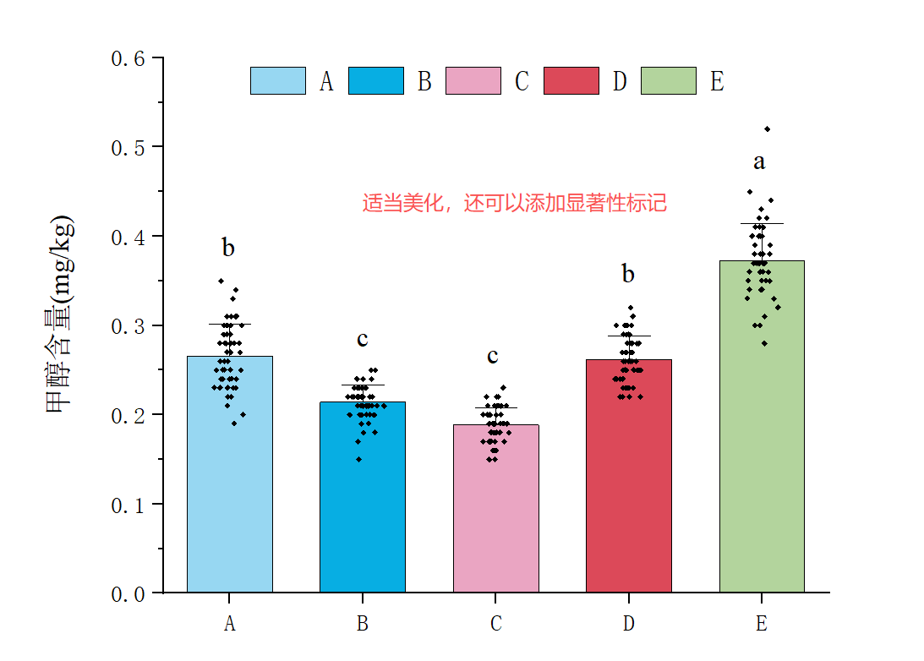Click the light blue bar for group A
click(230, 490)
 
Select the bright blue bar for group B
click(363, 507)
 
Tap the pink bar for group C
click(495, 516)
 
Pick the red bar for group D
click(628, 490)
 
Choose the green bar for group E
click(762, 440)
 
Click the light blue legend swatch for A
click(278, 81)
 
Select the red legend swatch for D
click(571, 81)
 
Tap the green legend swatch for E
click(669, 81)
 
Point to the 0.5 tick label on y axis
click(129, 148)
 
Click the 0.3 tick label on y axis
click(129, 326)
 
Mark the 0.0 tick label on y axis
click(129, 594)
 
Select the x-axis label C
click(495, 625)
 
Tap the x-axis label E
click(762, 625)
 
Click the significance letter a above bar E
click(759, 162)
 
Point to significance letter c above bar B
click(362, 340)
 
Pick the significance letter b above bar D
click(628, 274)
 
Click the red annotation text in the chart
click(515, 204)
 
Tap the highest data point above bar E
click(767, 129)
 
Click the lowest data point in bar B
click(358, 460)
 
